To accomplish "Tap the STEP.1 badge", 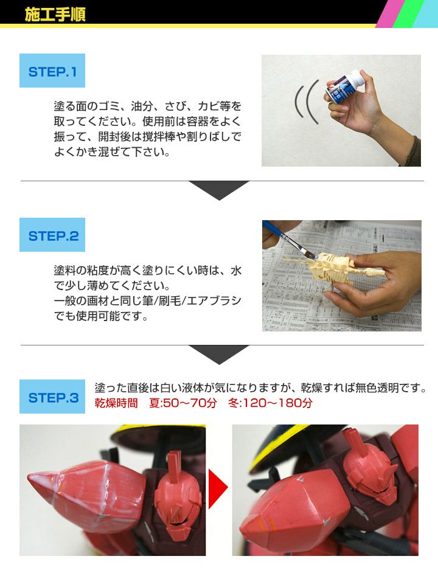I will (52, 71).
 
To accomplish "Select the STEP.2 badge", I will (52, 235).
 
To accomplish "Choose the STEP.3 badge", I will (52, 397).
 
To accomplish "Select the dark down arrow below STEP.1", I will (219, 190).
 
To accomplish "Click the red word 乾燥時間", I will (116, 403).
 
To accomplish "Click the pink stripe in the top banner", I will (387, 14).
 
